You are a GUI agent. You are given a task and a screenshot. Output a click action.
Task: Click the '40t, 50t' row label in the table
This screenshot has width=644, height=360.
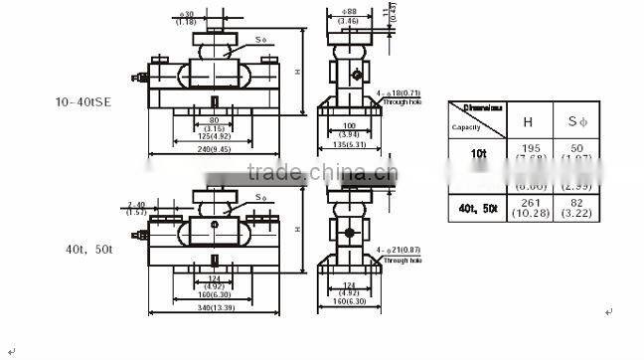(479, 207)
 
